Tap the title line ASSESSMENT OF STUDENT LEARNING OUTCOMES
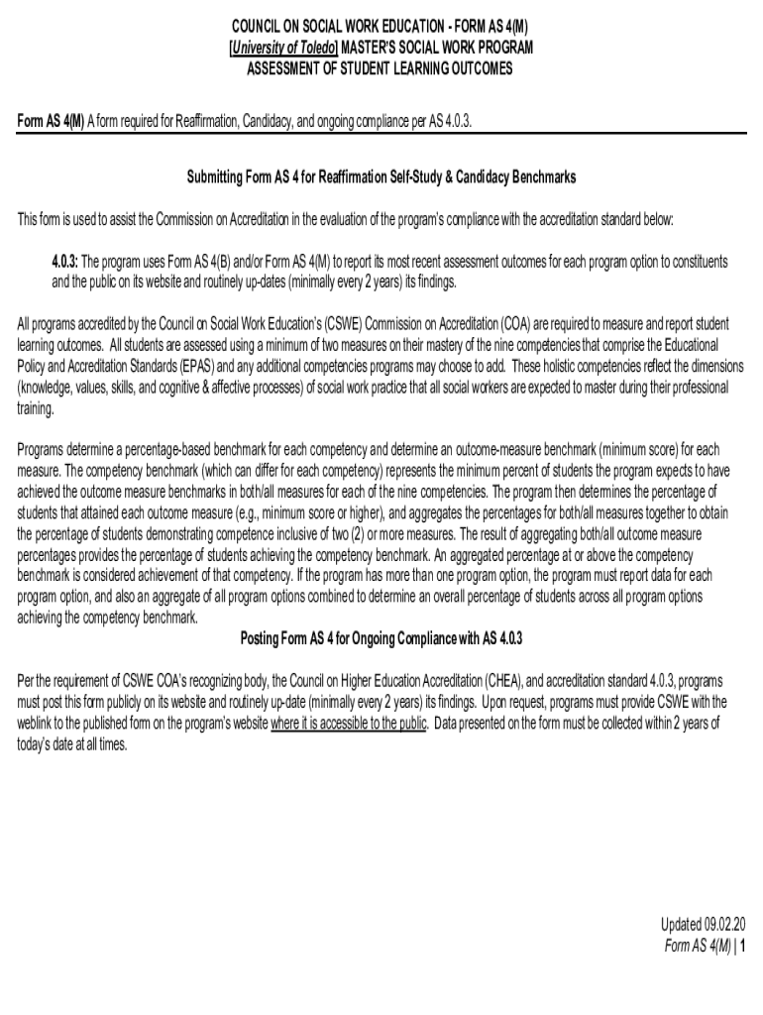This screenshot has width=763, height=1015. tap(381, 68)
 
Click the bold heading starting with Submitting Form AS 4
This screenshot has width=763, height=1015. tap(381, 176)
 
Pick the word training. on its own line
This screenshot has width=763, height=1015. tap(36, 407)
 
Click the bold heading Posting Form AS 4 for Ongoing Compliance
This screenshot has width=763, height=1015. tap(381, 637)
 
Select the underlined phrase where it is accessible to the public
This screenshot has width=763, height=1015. tap(349, 723)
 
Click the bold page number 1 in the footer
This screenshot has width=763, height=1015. tap(742, 946)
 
